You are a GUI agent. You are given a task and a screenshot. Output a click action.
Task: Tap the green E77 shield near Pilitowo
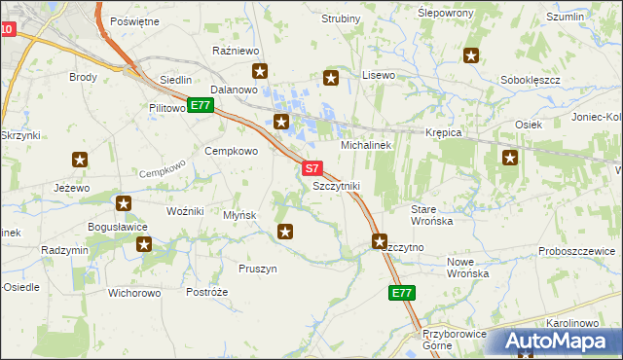pyautogui.click(x=200, y=105)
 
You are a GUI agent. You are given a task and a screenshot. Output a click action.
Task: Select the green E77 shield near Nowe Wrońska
pyautogui.click(x=401, y=292)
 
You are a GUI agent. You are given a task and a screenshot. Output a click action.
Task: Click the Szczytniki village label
pyautogui.click(x=336, y=185)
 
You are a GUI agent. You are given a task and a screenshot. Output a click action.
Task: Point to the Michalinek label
pyautogui.click(x=365, y=144)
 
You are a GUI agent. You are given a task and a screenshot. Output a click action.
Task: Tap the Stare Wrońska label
pyautogui.click(x=431, y=215)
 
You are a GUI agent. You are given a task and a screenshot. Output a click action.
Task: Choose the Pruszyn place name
pyautogui.click(x=258, y=269)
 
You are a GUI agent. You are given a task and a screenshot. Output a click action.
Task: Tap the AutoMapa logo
pyautogui.click(x=553, y=341)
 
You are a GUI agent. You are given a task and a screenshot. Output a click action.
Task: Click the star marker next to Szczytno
pyautogui.click(x=379, y=240)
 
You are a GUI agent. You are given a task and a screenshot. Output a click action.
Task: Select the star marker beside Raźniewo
pyautogui.click(x=260, y=70)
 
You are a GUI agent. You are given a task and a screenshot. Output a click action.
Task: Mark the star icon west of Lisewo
pyautogui.click(x=331, y=78)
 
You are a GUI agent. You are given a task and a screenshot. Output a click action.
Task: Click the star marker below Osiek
pyautogui.click(x=509, y=157)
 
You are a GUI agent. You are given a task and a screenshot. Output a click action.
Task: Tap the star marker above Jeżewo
pyautogui.click(x=80, y=160)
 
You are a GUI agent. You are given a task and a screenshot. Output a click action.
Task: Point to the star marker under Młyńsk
pyautogui.click(x=285, y=231)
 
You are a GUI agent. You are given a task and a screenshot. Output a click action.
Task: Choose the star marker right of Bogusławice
pyautogui.click(x=144, y=243)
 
